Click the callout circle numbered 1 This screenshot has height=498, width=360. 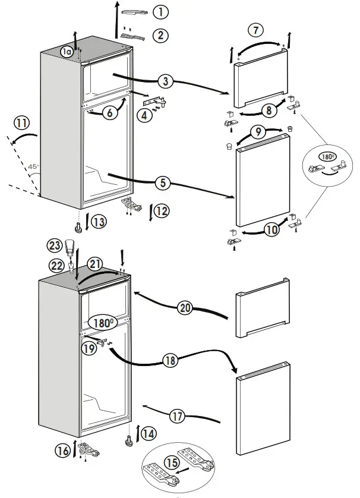[x=160, y=12]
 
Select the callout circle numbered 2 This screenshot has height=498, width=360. [x=160, y=35]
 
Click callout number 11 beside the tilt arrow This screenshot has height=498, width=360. [x=22, y=124]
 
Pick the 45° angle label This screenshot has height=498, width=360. [x=33, y=167]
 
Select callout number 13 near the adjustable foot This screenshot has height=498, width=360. [x=99, y=222]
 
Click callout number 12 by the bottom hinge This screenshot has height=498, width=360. [x=162, y=210]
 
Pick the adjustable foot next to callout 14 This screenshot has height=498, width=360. [x=128, y=442]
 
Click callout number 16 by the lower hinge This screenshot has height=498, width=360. [x=62, y=450]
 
